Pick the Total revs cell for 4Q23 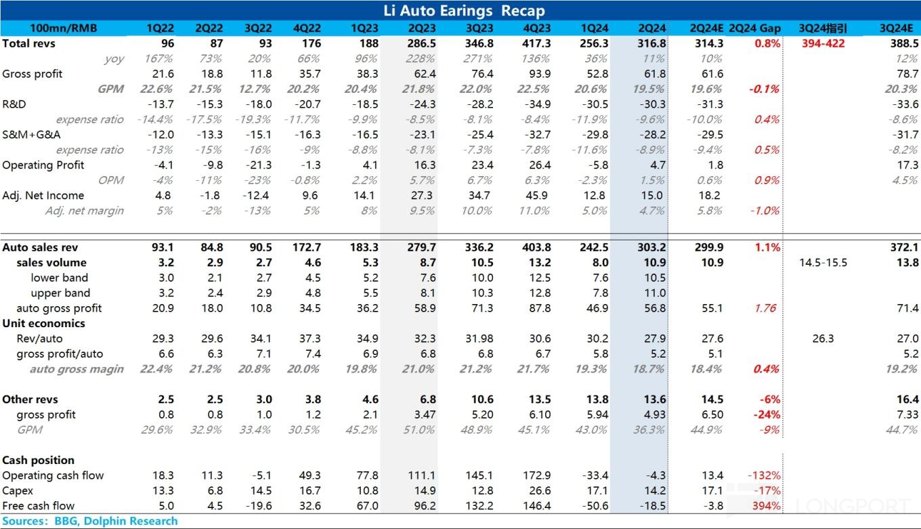tap(537, 43)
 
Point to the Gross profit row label tap(32, 74)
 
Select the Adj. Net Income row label tap(43, 196)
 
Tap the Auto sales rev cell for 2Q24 tap(651, 247)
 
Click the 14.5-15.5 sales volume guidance tap(823, 262)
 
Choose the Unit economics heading tap(43, 323)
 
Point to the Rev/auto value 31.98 tap(479, 339)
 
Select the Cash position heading tap(38, 461)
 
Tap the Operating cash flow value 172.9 tap(537, 475)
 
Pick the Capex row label tap(18, 491)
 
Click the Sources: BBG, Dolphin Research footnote tap(89, 521)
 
